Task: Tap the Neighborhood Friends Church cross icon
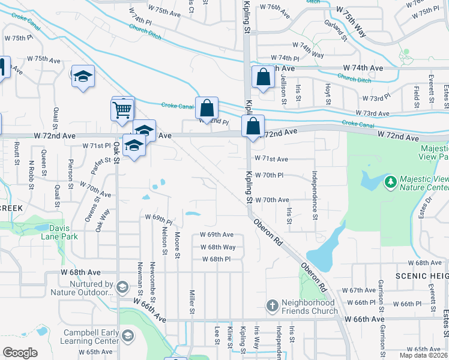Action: pyautogui.click(x=273, y=305)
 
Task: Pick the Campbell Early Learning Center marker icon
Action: pyautogui.click(x=127, y=335)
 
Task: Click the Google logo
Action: pyautogui.click(x=20, y=353)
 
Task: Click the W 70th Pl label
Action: pyautogui.click(x=269, y=175)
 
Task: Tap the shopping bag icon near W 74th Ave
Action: pyautogui.click(x=263, y=77)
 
